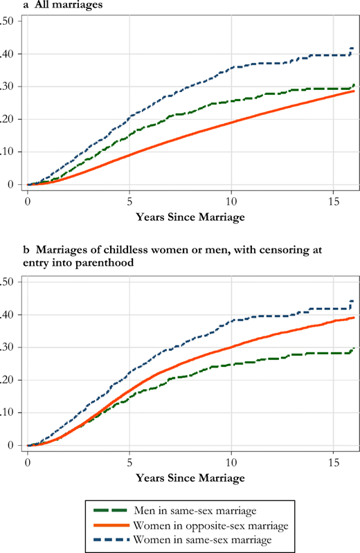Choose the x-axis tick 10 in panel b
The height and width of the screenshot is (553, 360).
(x=231, y=461)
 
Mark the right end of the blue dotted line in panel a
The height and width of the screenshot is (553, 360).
(x=354, y=48)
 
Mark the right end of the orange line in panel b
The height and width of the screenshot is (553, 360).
(x=354, y=318)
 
